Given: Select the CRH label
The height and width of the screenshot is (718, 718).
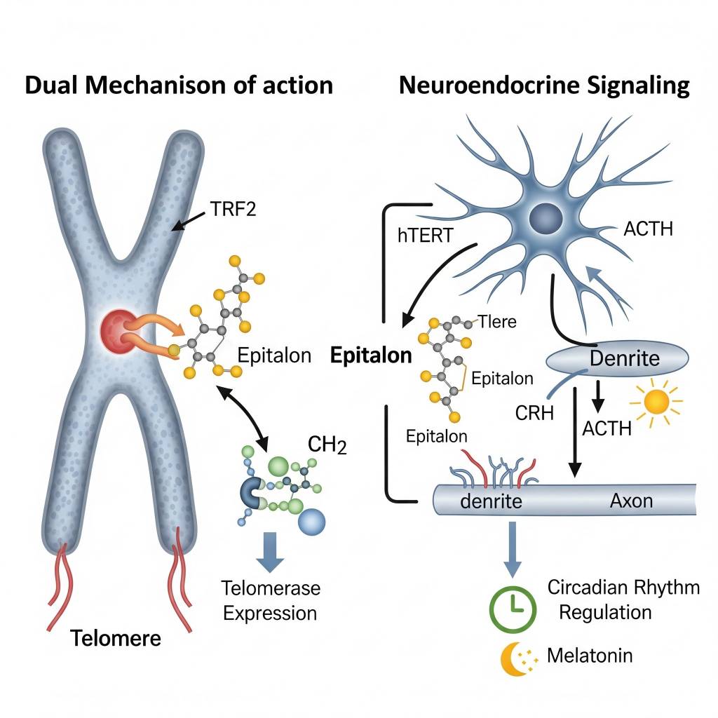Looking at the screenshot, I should tap(534, 412).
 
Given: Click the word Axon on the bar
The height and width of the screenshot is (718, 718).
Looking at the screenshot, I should tap(631, 501).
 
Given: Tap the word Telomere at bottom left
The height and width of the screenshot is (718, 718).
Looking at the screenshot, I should tap(116, 639).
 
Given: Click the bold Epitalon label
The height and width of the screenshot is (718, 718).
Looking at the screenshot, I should tap(371, 355).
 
